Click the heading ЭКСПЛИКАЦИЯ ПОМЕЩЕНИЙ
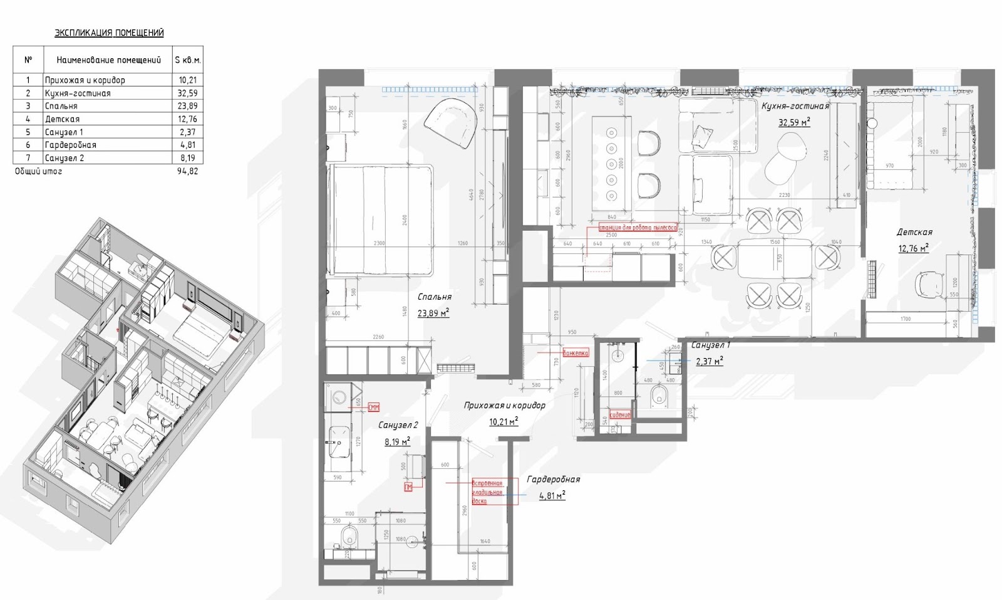click(109, 33)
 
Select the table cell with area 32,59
click(187, 93)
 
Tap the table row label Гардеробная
click(70, 145)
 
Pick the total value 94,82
click(187, 171)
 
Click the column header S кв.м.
click(187, 60)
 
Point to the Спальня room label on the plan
click(434, 297)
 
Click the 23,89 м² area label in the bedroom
click(433, 313)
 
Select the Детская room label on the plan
click(914, 233)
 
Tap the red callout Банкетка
click(576, 353)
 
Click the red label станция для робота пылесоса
click(638, 228)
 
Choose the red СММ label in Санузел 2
click(374, 408)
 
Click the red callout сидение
click(620, 415)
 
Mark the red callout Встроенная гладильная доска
click(487, 492)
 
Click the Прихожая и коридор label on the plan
click(504, 406)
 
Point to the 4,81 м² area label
click(552, 496)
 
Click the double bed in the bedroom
click(380, 219)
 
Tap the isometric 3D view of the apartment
click(144, 376)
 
